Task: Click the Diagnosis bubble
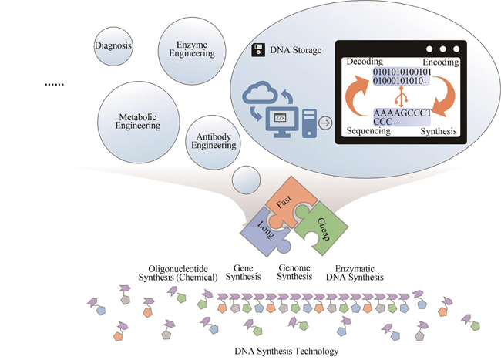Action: [114, 45]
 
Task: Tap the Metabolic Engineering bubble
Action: [139, 121]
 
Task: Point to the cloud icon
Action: [261, 99]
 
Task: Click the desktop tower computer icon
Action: [308, 121]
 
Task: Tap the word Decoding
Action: [367, 61]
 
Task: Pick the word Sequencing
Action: [368, 131]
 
